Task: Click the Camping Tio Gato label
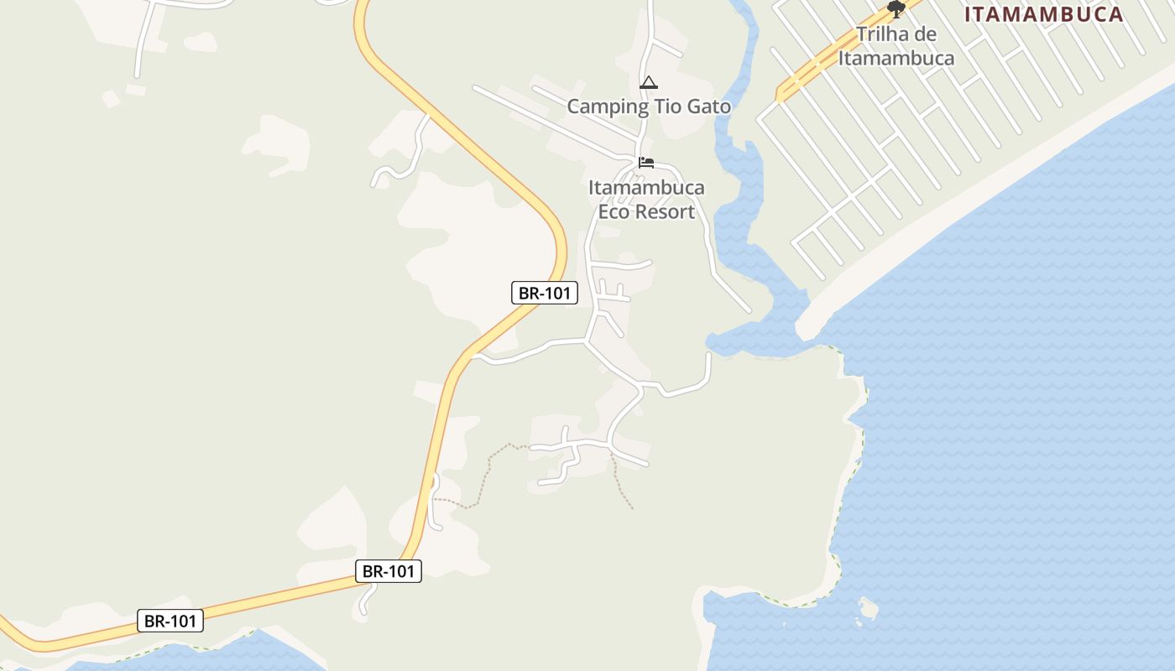649,107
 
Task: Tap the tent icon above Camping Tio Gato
648,83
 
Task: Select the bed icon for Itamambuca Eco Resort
646,163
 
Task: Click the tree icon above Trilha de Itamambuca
896,9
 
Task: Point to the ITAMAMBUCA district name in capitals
1043,14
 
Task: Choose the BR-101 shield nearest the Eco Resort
545,293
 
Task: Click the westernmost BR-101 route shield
170,621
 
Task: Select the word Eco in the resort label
613,211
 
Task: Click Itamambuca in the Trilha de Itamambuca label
896,58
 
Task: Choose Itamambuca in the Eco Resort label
646,187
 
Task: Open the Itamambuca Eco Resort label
646,200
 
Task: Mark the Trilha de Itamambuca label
896,46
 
